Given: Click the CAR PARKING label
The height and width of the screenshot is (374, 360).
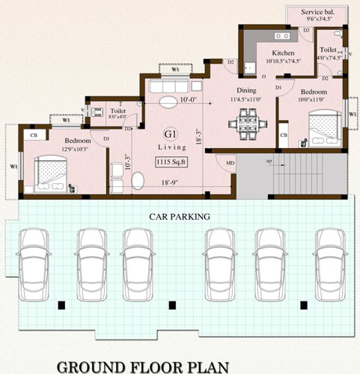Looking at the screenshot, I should [178, 216].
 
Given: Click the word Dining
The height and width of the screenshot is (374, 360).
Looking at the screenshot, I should [246, 90].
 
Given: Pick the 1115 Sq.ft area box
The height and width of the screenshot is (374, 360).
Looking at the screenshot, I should [171, 162].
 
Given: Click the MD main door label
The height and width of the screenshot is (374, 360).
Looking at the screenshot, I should [229, 163].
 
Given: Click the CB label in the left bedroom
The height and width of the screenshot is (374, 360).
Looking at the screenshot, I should [33, 135].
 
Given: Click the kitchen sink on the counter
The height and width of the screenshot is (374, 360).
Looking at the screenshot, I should [282, 35].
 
